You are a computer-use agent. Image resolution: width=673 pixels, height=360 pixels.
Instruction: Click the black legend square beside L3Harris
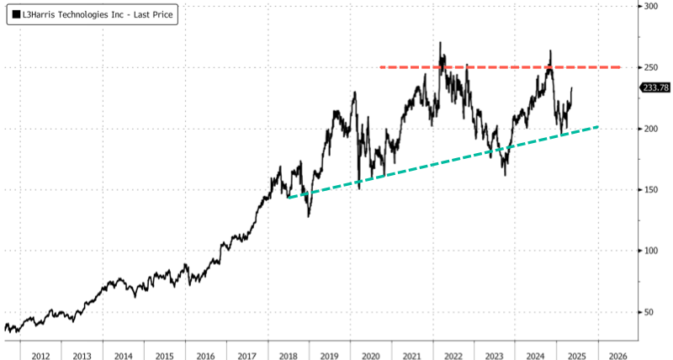[16, 16]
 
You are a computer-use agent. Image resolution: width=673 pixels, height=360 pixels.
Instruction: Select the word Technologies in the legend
[81, 16]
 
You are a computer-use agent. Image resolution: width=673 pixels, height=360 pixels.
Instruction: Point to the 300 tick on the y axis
[649, 7]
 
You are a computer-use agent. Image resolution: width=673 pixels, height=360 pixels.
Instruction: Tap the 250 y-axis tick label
[649, 67]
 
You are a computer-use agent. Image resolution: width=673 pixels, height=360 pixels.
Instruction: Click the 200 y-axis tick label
[649, 129]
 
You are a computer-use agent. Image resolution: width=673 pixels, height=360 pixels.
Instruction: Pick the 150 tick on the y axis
[649, 190]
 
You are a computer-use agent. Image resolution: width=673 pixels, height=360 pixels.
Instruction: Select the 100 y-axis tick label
[649, 251]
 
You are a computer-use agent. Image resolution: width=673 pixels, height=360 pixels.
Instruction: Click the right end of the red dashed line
[620, 67]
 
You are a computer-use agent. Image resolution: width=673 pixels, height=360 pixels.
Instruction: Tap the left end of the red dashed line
[381, 67]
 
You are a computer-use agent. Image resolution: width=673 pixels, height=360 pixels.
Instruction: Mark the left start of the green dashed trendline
[288, 198]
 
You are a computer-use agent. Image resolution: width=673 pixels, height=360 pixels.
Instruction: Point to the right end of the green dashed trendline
[598, 127]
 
